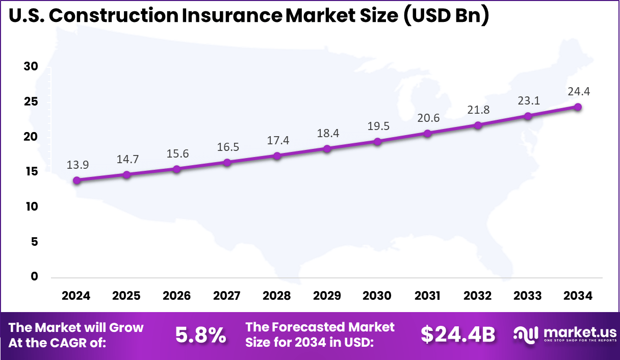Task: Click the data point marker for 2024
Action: pos(76,180)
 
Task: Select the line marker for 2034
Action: pos(578,107)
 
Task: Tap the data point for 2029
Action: pos(327,148)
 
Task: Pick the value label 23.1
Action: pos(528,101)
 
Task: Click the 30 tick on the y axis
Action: pos(31,67)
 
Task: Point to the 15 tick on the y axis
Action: pos(31,172)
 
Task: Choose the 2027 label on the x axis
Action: pos(227,296)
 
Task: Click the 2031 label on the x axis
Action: pos(427,296)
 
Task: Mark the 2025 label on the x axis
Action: pos(126,296)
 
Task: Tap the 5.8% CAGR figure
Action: pos(200,335)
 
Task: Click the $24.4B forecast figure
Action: pos(458,335)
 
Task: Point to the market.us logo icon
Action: pos(525,335)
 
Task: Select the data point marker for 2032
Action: pos(477,125)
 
